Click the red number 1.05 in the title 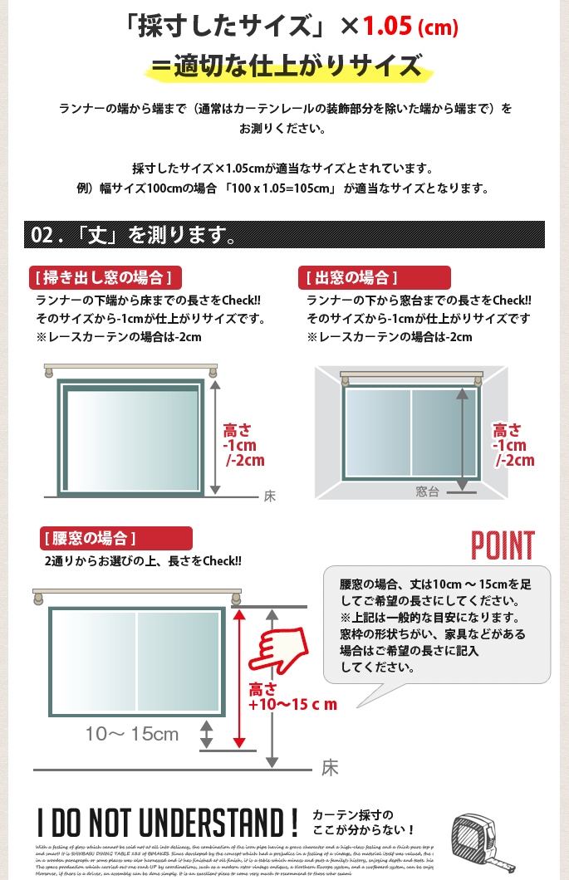click(388, 27)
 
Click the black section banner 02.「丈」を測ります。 click(133, 236)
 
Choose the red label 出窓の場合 click(351, 277)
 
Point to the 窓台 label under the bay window click(427, 491)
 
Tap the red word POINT click(503, 545)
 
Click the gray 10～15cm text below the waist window click(132, 734)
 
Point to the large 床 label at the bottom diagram click(331, 768)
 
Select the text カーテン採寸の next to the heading click(352, 814)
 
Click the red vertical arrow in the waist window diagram click(240, 678)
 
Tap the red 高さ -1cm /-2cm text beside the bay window click(513, 445)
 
